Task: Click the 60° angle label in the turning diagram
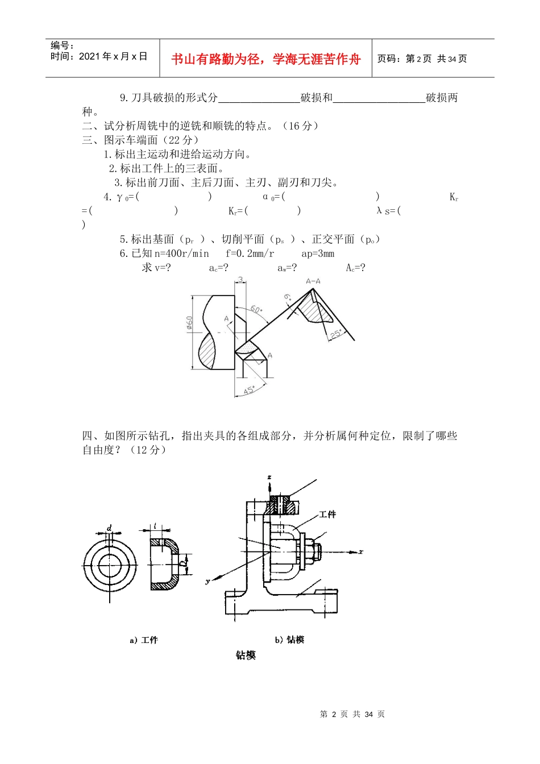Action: (256, 310)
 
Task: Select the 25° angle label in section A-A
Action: (336, 334)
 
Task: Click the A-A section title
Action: (313, 281)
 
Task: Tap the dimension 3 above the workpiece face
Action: (240, 280)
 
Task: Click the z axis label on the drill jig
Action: (269, 477)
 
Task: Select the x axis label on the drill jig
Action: (361, 551)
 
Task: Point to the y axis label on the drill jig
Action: (208, 581)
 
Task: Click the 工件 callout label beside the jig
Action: (327, 514)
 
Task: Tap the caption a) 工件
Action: (144, 640)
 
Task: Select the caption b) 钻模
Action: (289, 640)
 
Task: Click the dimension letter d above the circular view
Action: (110, 528)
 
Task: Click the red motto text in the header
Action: (266, 59)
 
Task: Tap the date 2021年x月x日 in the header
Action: (113, 56)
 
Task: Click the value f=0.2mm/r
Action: (250, 254)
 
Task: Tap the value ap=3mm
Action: (318, 254)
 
